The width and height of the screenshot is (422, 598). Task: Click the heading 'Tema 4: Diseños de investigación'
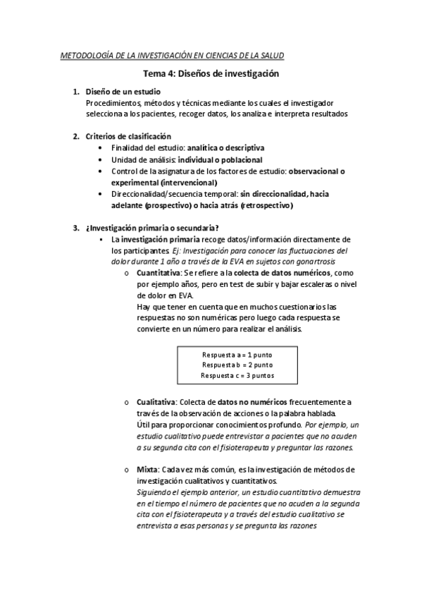pyautogui.click(x=211, y=73)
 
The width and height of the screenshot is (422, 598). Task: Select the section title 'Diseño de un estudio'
pyautogui.click(x=123, y=92)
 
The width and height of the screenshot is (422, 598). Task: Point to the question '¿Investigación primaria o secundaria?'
pyautogui.click(x=151, y=228)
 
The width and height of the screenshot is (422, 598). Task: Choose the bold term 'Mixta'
pyautogui.click(x=147, y=470)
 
